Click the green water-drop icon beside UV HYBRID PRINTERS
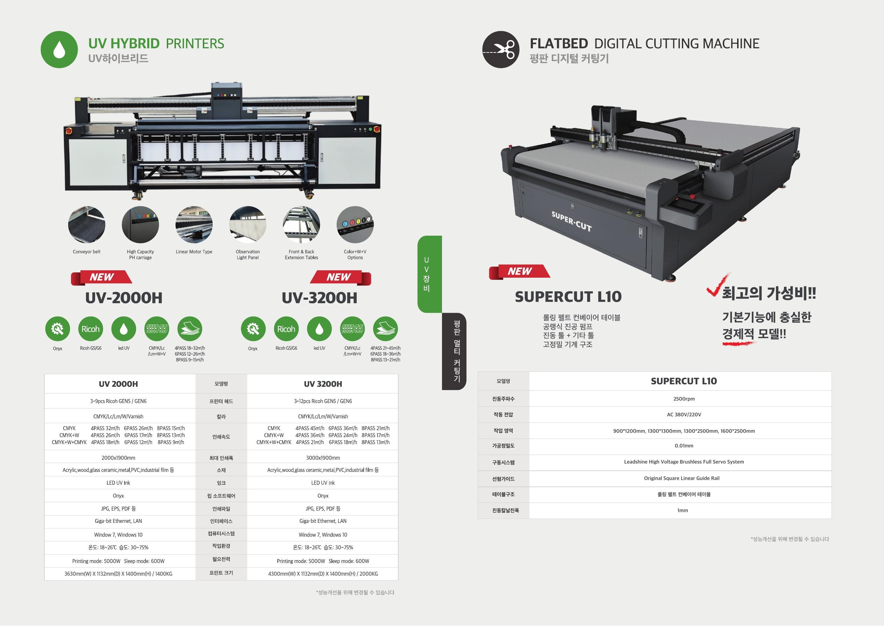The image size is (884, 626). tap(59, 50)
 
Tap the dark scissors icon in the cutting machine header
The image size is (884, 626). tap(501, 50)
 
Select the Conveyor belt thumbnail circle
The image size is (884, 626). tap(87, 225)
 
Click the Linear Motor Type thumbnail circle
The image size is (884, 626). tap(194, 225)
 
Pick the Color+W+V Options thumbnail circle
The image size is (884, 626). tap(355, 225)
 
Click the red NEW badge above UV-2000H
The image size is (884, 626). tap(101, 278)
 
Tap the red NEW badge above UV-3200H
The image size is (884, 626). tap(340, 278)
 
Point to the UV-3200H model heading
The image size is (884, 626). tap(320, 298)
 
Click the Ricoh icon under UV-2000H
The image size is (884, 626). tap(91, 329)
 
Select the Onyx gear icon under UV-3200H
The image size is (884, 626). tap(253, 329)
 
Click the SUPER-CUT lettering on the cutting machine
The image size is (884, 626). tap(571, 221)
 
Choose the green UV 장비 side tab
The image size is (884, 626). tap(429, 274)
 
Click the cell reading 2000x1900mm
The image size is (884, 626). tap(118, 458)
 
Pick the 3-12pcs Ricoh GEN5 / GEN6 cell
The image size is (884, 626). tap(323, 401)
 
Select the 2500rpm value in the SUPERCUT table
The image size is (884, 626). tap(684, 399)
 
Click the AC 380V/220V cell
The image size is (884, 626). tap(684, 415)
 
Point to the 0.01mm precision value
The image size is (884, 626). tap(684, 446)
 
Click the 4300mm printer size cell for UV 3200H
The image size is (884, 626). tap(323, 574)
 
